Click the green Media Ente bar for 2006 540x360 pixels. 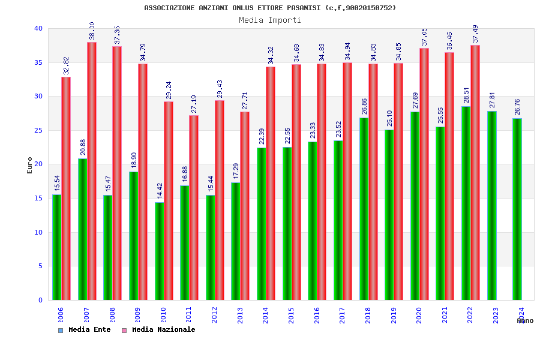coord(56,247)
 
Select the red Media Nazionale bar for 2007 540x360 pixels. coord(92,171)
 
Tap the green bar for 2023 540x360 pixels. coord(492,205)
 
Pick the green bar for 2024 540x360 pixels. coord(517,209)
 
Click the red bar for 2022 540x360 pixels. coord(475,172)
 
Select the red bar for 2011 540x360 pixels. coord(194,207)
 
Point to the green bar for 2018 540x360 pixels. coord(364,209)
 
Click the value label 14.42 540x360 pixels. coord(160,191)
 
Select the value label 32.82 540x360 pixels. coord(66,66)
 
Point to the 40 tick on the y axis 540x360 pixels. coord(38,29)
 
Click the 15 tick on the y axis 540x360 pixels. coord(38,198)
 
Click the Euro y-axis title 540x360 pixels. coord(30,165)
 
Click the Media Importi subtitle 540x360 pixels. coord(270,20)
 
